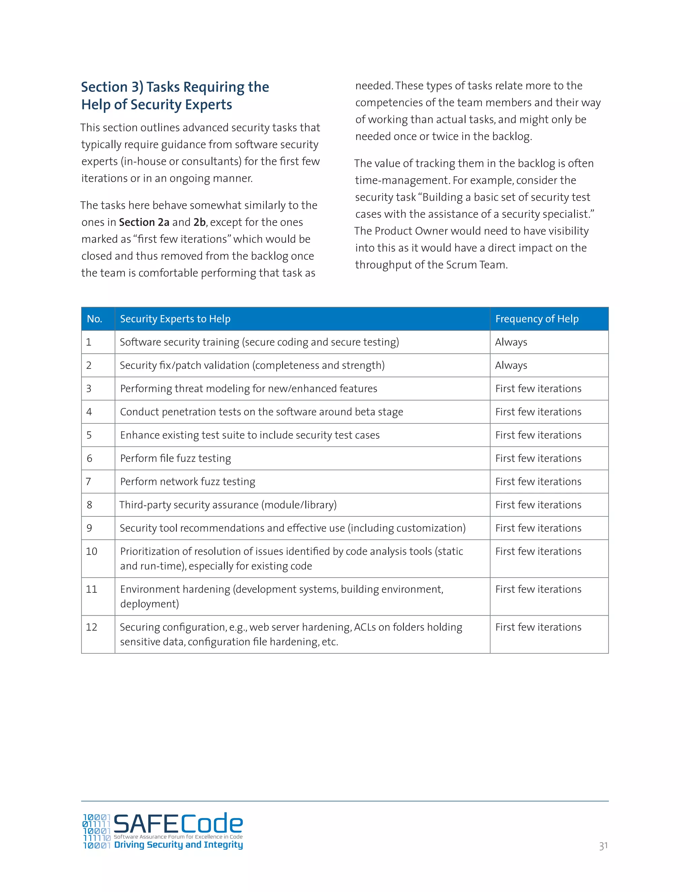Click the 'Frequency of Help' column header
(536, 319)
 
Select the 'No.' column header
(94, 319)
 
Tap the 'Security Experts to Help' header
(175, 319)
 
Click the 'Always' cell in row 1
(511, 342)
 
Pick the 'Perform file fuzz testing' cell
(175, 458)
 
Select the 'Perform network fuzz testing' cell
(187, 482)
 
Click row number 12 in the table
(92, 627)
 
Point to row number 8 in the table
(90, 505)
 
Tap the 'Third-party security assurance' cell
(228, 505)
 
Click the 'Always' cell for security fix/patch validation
(511, 366)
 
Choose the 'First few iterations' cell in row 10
(538, 551)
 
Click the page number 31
(603, 846)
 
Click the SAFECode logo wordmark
(178, 823)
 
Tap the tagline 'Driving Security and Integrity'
(178, 845)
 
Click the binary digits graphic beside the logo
(96, 831)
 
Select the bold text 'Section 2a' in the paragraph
(144, 222)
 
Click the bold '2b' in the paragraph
(199, 222)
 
